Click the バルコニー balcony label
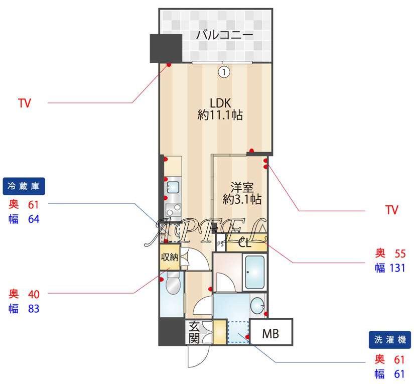coord(224,35)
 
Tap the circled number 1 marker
coord(224,72)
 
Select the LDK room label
coord(220,103)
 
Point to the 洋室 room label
coord(242,187)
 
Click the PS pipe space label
coord(220,244)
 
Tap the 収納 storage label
coord(170,257)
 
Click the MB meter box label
coord(270,334)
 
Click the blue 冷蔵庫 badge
coord(24,186)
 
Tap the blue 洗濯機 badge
coord(390,340)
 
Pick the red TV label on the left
coord(25,103)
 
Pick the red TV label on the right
coord(392,210)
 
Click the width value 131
coord(397,268)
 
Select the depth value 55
coord(400,253)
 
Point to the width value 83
coord(34,309)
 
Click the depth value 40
coord(34,294)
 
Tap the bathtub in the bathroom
coord(255,272)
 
